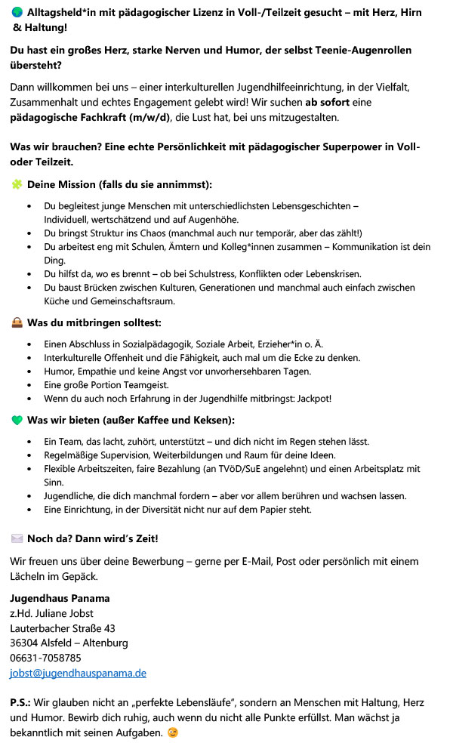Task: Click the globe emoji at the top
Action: pyautogui.click(x=17, y=14)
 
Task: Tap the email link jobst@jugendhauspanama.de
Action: pyautogui.click(x=78, y=673)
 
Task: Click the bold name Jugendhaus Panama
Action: pyautogui.click(x=60, y=599)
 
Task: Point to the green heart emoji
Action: pyautogui.click(x=17, y=420)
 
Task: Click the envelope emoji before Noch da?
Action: pyautogui.click(x=17, y=538)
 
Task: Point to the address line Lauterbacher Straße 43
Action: pyautogui.click(x=63, y=628)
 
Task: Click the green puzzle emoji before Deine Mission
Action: pyautogui.click(x=17, y=184)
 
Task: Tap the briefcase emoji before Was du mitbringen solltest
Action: pyautogui.click(x=17, y=322)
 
